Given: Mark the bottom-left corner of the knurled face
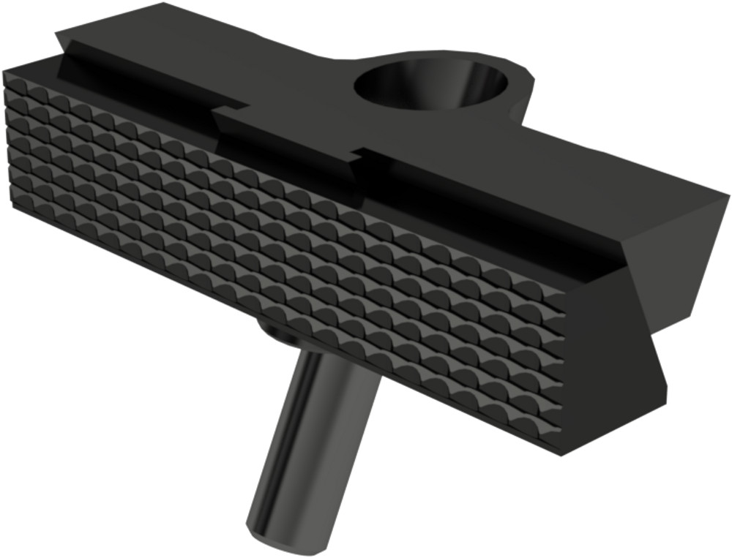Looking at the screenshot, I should click(13, 208).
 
